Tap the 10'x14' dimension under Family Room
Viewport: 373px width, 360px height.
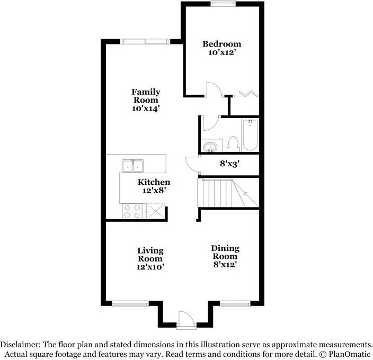[x=146, y=108]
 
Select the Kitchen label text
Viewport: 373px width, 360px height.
[x=154, y=182]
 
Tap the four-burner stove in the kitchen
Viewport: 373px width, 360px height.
[x=132, y=212]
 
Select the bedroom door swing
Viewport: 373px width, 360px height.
[x=214, y=90]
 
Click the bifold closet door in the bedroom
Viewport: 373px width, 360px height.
[x=248, y=94]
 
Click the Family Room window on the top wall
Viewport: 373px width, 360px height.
[x=144, y=41]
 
